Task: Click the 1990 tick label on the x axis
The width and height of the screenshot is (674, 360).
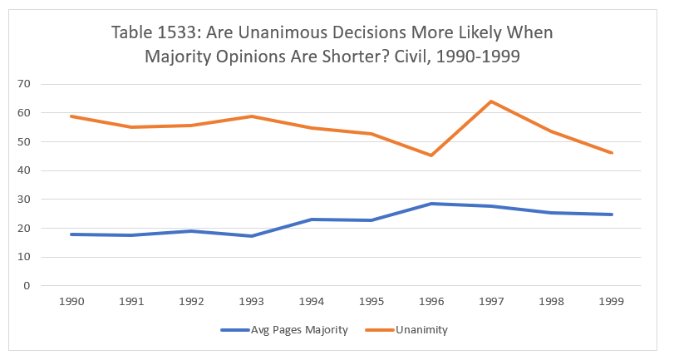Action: pyautogui.click(x=70, y=302)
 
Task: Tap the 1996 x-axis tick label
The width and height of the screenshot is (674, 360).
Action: pyautogui.click(x=431, y=302)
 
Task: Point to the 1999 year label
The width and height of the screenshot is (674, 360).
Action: pyautogui.click(x=612, y=302)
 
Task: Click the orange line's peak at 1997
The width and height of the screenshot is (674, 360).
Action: pyautogui.click(x=491, y=101)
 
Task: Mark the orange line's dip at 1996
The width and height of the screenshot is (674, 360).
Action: pyautogui.click(x=431, y=155)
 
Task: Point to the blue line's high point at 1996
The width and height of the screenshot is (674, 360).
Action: pyautogui.click(x=431, y=204)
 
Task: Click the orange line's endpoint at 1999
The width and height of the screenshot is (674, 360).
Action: pyautogui.click(x=612, y=153)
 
